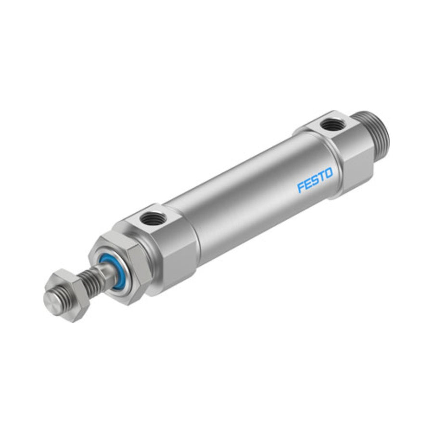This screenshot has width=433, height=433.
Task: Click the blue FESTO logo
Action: point(315,180)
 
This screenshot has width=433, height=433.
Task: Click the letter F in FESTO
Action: point(301,187)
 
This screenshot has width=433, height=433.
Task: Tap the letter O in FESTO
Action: point(329,174)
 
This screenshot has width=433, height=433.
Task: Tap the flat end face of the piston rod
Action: point(52,299)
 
